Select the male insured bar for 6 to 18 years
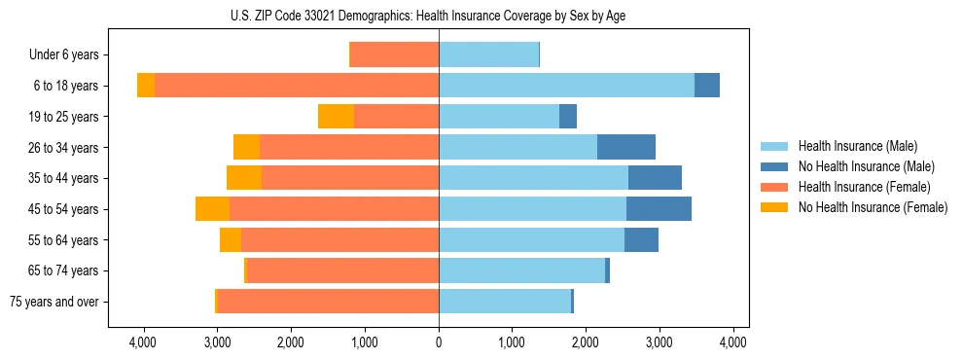[x=566, y=86]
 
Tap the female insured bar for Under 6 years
[x=394, y=55]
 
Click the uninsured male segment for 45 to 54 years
[x=659, y=209]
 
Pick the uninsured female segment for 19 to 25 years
[x=336, y=117]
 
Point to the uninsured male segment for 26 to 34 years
[x=625, y=148]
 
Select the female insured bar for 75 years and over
[x=328, y=302]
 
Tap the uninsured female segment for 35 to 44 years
[x=244, y=178]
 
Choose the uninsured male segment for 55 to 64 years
[x=641, y=240]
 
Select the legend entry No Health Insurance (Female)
[x=872, y=207]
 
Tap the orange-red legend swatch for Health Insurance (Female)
[x=774, y=187]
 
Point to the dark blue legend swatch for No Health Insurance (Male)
[x=774, y=166]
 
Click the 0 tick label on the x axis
[x=439, y=342]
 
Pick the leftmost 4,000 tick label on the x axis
[x=144, y=342]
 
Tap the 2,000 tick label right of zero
[x=586, y=342]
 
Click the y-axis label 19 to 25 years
[x=65, y=117]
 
